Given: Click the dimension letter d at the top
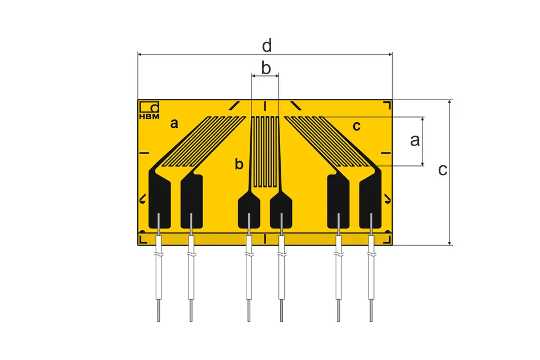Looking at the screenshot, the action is (267, 46).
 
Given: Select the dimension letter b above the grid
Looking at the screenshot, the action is (266, 68).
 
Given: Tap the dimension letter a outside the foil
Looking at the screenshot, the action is (415, 141).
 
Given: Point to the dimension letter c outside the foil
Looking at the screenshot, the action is (443, 170).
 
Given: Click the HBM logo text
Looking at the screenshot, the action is (149, 116).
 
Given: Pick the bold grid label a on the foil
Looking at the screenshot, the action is (174, 123).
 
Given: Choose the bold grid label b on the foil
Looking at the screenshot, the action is (239, 164).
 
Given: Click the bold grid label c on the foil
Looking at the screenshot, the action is (357, 126).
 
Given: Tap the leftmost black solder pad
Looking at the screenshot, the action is (159, 199).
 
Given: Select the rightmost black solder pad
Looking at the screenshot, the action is (371, 199).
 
